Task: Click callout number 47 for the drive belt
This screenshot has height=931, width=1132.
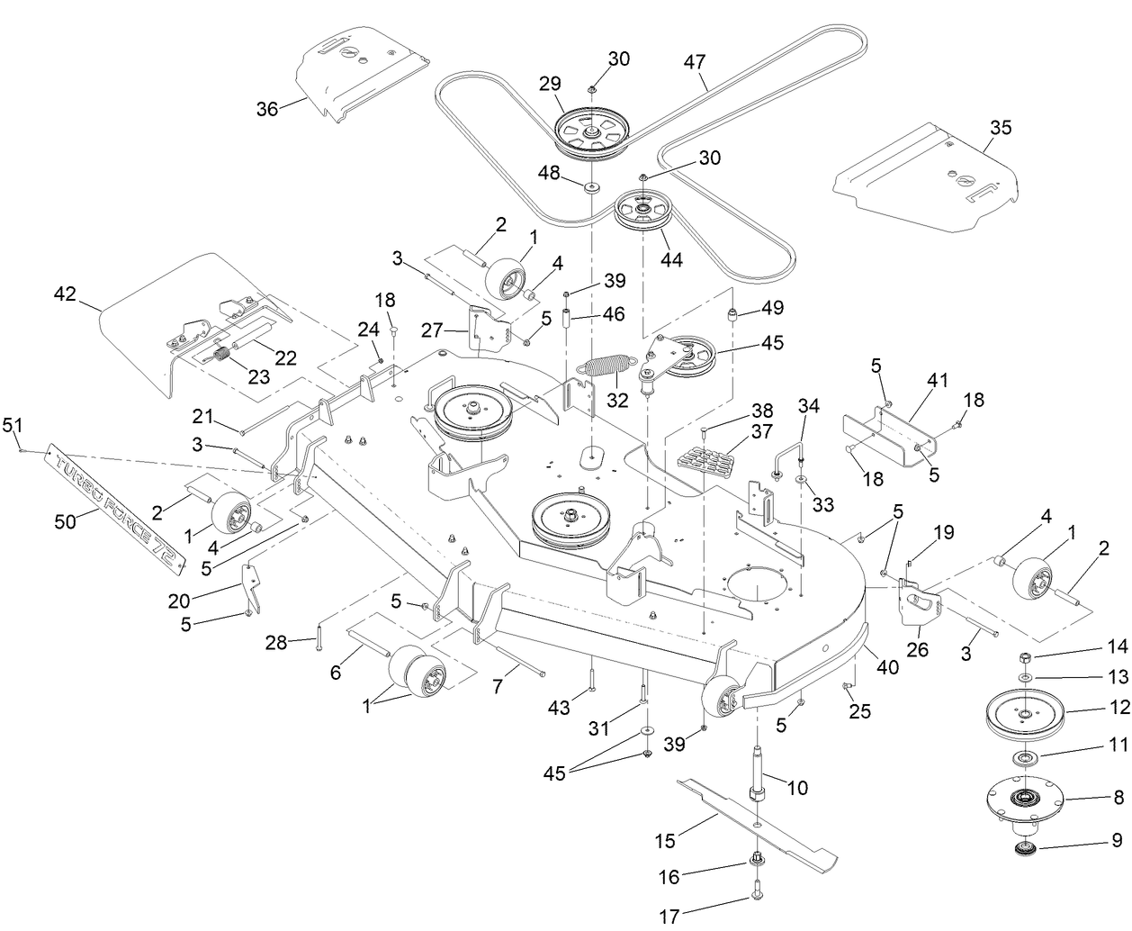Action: tap(694, 63)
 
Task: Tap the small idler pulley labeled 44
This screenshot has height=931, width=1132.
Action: tap(643, 212)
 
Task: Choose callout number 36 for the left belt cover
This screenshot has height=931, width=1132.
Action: tap(267, 109)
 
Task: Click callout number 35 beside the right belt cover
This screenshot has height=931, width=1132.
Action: tap(1001, 128)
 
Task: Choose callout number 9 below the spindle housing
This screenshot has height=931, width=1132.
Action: tap(1117, 840)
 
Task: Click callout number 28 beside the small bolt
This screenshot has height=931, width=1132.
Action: tap(277, 642)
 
